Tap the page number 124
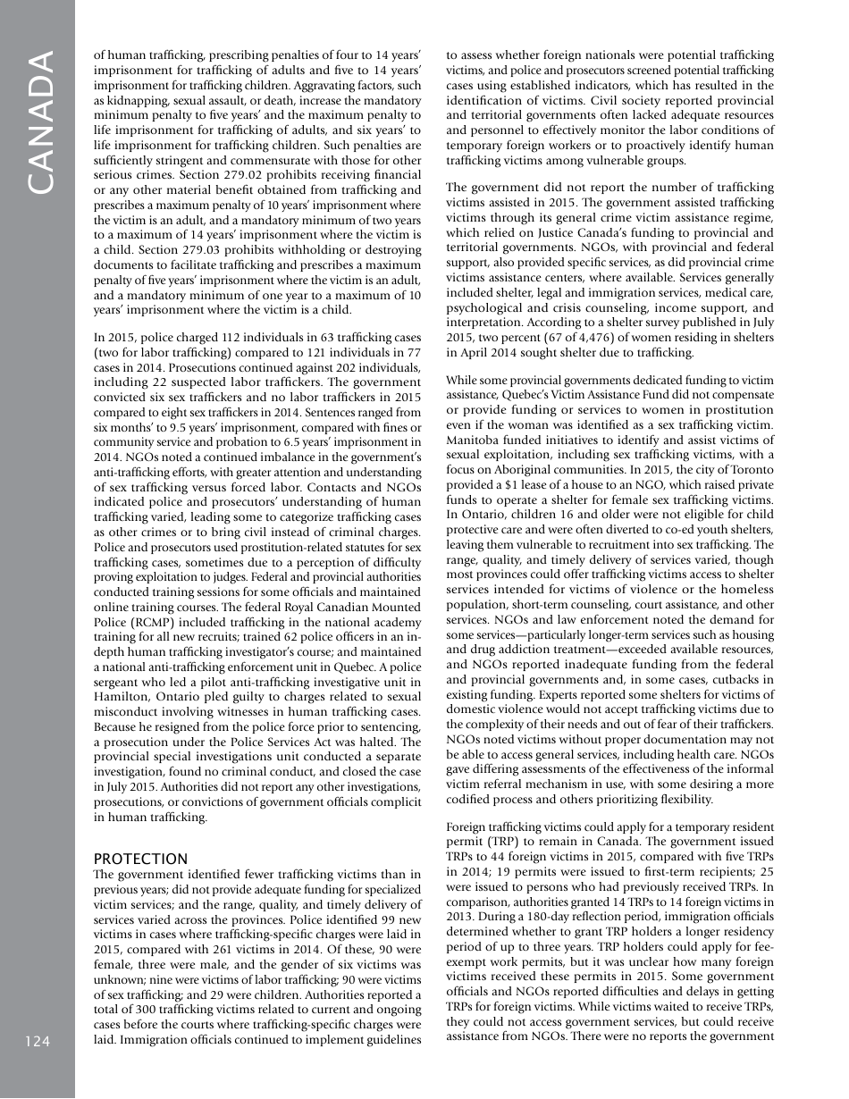pos(38,1042)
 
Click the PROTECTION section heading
pos(140,858)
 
